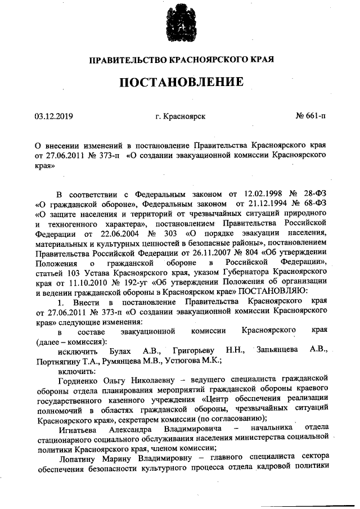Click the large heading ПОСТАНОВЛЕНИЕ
point(181,82)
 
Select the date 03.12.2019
point(54,116)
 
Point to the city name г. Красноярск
point(181,116)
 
